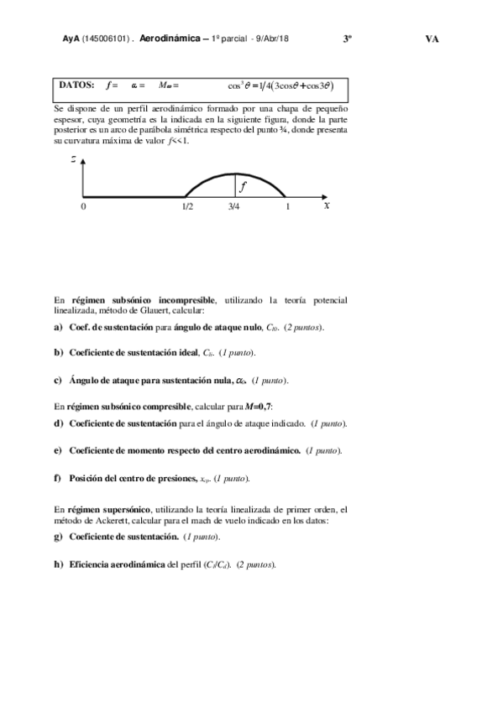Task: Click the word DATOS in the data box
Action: coord(77,86)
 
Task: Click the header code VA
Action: coord(432,39)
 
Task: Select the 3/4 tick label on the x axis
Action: coord(234,206)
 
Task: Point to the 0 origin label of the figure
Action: coord(82,206)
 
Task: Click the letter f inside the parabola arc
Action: coord(243,186)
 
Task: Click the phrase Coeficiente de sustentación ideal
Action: coord(135,353)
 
